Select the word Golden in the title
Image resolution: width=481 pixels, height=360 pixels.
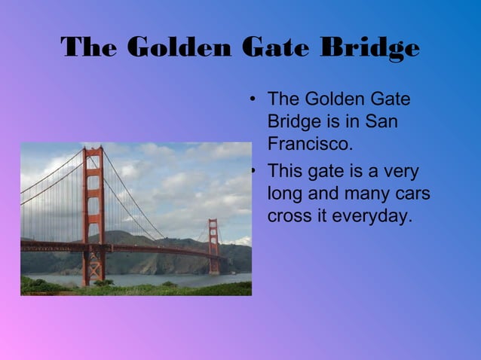pyautogui.click(x=178, y=48)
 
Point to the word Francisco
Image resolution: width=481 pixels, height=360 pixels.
pyautogui.click(x=310, y=142)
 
